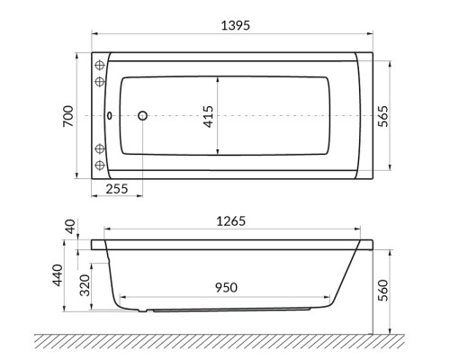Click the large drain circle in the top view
point(141,116)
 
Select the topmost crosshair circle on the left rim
point(100,65)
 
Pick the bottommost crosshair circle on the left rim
point(100,166)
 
